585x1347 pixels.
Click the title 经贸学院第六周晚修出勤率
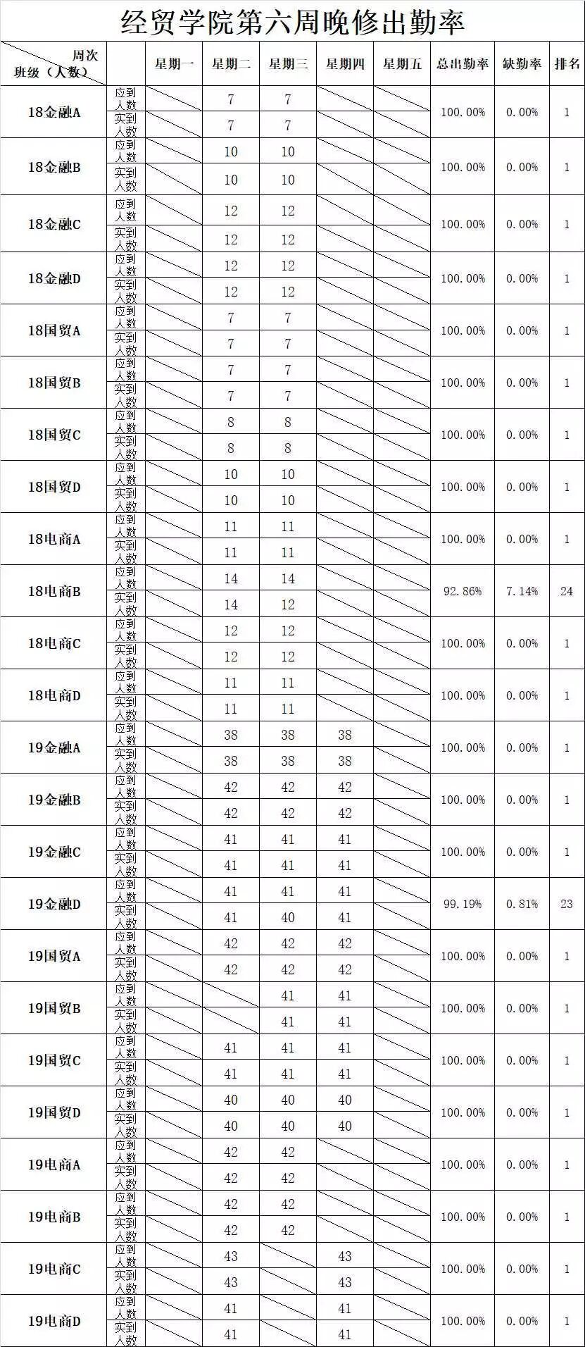click(x=292, y=22)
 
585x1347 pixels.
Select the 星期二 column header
click(x=231, y=64)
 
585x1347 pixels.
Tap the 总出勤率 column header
click(x=462, y=64)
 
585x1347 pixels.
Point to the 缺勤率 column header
click(x=522, y=64)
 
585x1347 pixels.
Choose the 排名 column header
click(x=567, y=64)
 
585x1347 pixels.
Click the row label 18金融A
click(x=54, y=112)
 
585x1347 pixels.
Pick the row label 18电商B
click(x=54, y=591)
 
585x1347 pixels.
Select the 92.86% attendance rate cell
click(x=462, y=591)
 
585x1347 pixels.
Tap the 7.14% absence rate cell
click(x=522, y=591)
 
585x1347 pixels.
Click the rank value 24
click(x=567, y=591)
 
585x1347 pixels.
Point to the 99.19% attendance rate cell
click(x=462, y=904)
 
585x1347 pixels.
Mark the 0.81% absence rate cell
click(x=522, y=904)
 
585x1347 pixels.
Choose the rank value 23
click(x=567, y=904)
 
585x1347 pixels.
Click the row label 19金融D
click(x=54, y=904)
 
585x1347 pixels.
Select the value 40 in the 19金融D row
click(x=288, y=917)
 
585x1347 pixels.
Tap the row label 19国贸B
click(x=54, y=1008)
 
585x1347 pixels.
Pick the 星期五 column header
click(x=402, y=64)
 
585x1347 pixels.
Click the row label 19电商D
click(x=54, y=1321)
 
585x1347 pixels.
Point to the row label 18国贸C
click(x=54, y=435)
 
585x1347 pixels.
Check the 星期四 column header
click(x=345, y=64)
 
